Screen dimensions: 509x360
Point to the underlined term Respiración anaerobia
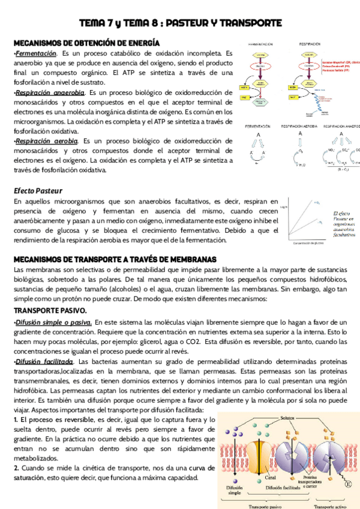pos(50,92)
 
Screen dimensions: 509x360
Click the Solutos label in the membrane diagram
pos(287,417)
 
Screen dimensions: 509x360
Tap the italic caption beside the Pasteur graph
pos(343,224)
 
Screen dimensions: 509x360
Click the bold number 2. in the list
pos(16,468)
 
